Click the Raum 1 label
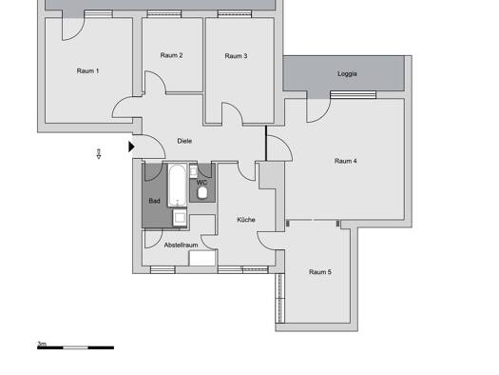87,70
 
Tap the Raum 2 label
171,55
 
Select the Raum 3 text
236,56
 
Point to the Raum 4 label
345,161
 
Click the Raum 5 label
319,272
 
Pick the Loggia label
347,74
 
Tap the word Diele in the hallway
184,141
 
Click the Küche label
246,220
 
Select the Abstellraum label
181,245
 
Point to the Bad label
154,201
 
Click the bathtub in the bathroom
177,185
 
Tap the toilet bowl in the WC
202,193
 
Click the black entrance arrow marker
131,147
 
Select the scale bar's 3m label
42,344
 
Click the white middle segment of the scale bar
75,347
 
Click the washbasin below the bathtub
180,218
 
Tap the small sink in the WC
193,171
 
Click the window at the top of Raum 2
164,14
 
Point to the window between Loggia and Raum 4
353,94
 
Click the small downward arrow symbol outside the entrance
99,153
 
